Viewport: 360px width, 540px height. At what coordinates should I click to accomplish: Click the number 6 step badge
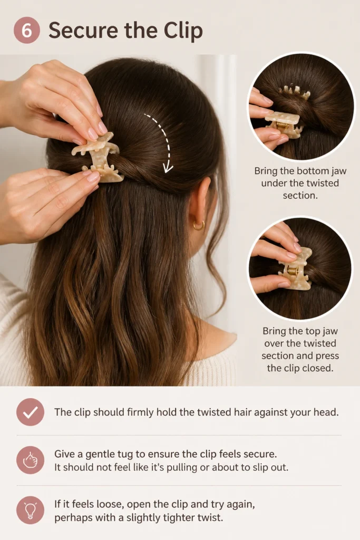(x=26, y=30)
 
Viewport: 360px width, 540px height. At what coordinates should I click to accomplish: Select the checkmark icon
(x=30, y=412)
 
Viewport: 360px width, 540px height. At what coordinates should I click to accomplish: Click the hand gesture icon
(x=30, y=460)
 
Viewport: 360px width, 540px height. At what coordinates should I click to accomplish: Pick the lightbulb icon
(x=30, y=510)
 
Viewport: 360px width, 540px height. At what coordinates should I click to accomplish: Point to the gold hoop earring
(x=199, y=226)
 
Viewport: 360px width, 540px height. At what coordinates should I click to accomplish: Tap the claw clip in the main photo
(x=98, y=157)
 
